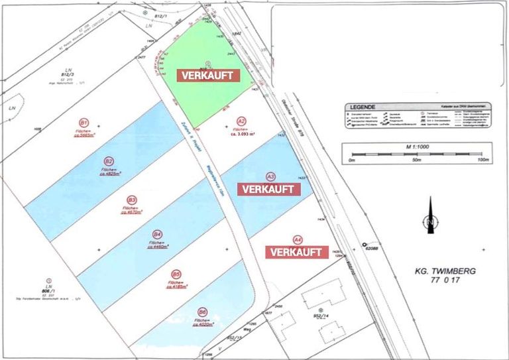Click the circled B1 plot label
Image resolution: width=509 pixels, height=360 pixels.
pyautogui.click(x=84, y=123)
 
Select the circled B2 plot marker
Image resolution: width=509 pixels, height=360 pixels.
pyautogui.click(x=109, y=160)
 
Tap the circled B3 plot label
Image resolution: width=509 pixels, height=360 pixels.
pyautogui.click(x=132, y=199)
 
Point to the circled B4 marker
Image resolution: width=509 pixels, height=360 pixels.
pyautogui.click(x=157, y=235)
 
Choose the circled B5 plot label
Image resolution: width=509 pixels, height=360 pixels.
pyautogui.click(x=176, y=273)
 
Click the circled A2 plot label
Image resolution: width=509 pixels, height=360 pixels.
pyautogui.click(x=242, y=121)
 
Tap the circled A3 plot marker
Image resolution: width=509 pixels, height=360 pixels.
pyautogui.click(x=270, y=176)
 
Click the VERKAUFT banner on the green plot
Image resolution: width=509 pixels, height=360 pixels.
pyautogui.click(x=207, y=76)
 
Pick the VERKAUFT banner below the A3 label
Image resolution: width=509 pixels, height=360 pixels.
pyautogui.click(x=268, y=189)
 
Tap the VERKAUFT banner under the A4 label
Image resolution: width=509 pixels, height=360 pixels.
pyautogui.click(x=296, y=253)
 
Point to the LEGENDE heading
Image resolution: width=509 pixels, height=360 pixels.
pyautogui.click(x=365, y=107)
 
